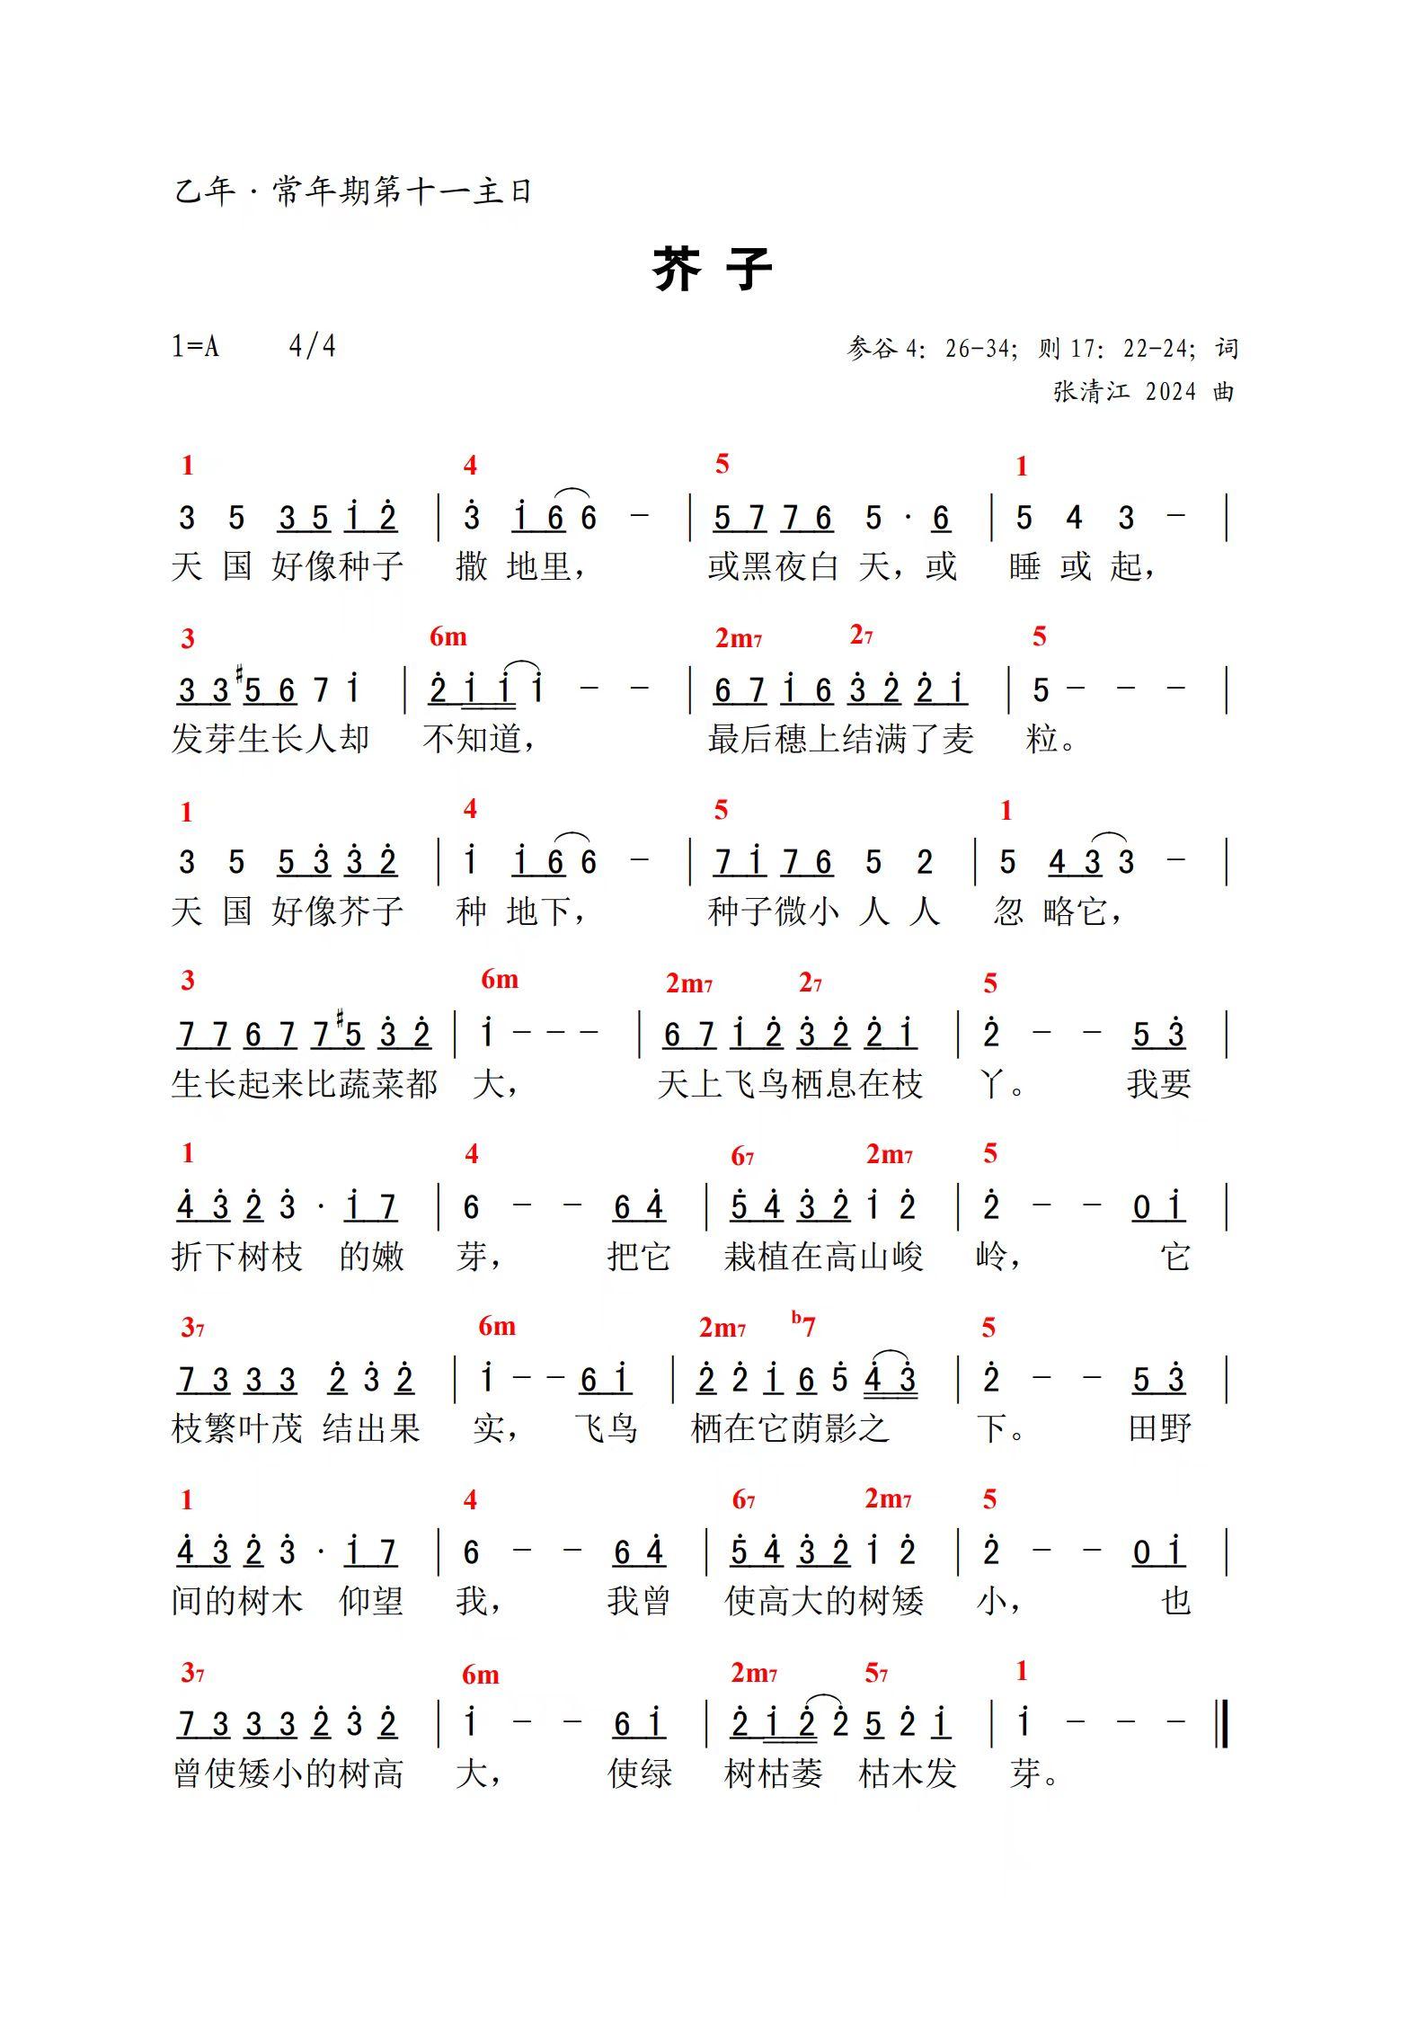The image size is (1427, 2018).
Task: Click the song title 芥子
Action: (x=712, y=269)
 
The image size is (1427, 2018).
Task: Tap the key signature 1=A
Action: (x=195, y=346)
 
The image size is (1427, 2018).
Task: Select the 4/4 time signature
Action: (x=312, y=346)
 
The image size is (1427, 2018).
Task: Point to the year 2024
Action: (x=1171, y=392)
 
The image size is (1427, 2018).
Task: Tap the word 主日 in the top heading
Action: (x=502, y=191)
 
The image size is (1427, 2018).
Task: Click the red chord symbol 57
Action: (x=876, y=1674)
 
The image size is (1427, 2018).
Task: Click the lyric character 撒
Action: (x=472, y=566)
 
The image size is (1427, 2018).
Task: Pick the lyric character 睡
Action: (x=1024, y=566)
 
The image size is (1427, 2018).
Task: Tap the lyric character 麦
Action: (x=958, y=739)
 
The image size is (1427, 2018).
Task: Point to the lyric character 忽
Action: (x=1008, y=911)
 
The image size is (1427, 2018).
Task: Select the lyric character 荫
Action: (x=807, y=1428)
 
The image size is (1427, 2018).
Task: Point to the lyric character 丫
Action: (x=991, y=1084)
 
